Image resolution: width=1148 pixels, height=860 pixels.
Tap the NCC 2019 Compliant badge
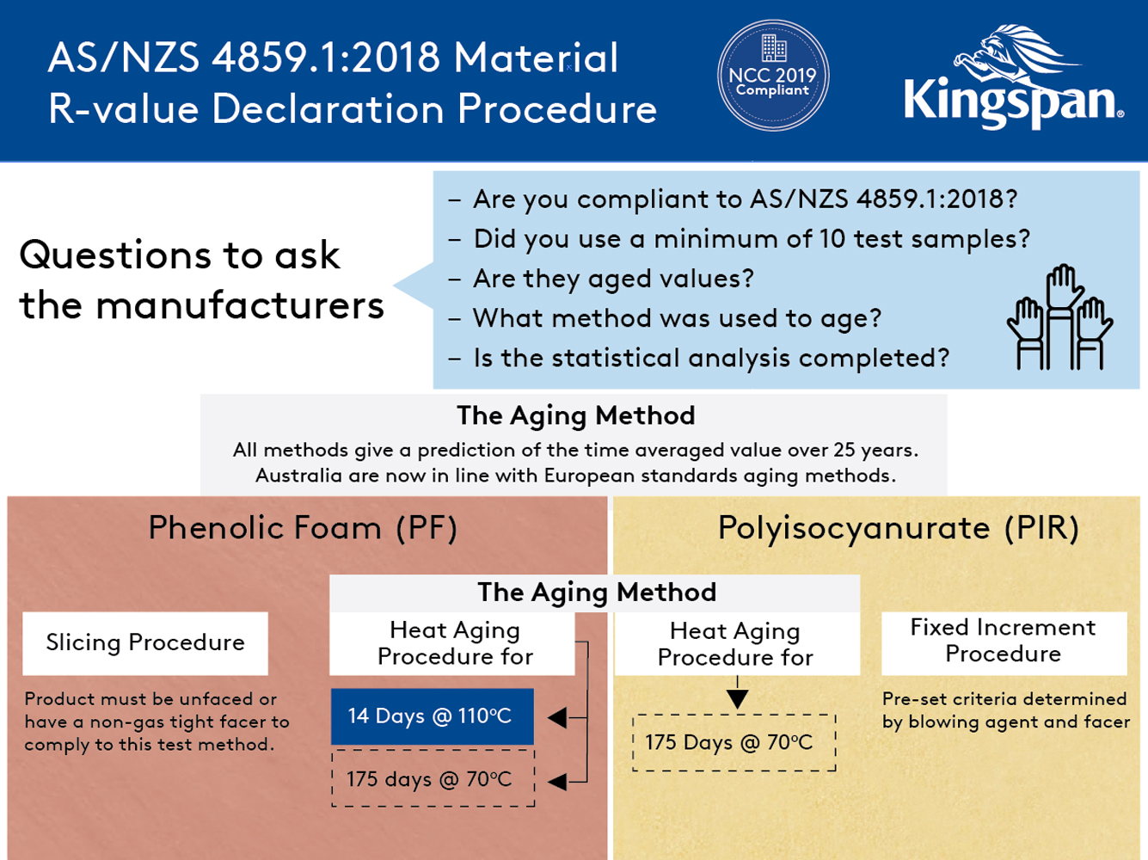click(772, 76)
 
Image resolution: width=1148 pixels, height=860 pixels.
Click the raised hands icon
click(1059, 318)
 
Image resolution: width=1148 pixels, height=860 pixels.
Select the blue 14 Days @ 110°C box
click(432, 716)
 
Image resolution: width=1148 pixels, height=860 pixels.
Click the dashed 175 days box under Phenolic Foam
click(433, 779)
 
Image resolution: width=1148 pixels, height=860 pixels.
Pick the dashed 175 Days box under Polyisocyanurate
click(734, 742)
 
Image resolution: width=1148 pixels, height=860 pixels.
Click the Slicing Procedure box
click(145, 643)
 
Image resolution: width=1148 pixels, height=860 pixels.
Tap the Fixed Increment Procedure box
click(1004, 642)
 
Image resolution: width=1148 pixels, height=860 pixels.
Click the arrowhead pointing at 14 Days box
click(557, 717)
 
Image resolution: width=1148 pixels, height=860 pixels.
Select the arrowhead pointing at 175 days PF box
click(557, 781)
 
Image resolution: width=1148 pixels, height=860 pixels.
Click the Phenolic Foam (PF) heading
click(303, 528)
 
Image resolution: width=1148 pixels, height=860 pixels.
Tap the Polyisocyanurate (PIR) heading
click(898, 528)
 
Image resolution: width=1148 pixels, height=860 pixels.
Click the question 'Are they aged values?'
click(613, 279)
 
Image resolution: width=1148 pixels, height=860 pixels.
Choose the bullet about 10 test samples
click(752, 239)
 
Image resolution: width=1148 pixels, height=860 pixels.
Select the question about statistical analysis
click(711, 358)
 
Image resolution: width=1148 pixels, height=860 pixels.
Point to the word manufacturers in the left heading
click(240, 305)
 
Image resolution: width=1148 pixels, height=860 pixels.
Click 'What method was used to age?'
click(677, 318)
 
